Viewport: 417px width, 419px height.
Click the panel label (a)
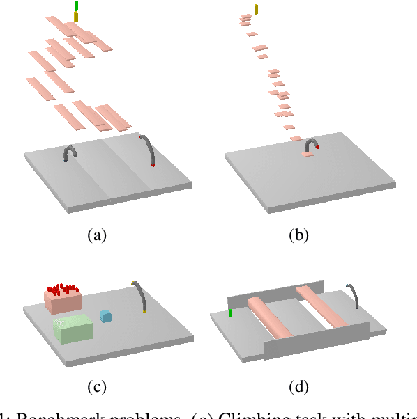97,235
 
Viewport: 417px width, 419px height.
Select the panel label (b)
299,235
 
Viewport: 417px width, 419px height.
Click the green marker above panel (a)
76,6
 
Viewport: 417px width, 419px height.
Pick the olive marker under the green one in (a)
76,17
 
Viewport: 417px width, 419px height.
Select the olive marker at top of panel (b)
257,9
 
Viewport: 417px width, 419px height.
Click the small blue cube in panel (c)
105,316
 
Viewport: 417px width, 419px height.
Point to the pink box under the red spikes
63,301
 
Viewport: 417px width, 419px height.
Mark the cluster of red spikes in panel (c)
62,287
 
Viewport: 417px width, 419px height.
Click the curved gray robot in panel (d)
354,294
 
